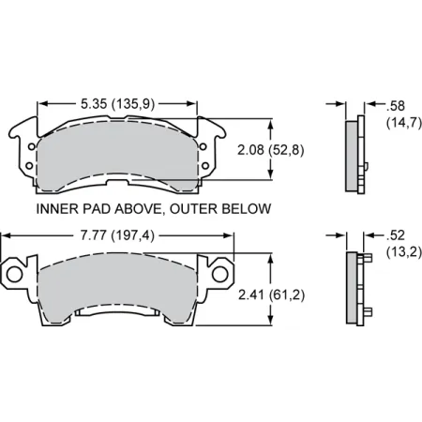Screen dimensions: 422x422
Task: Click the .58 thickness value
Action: [382, 105]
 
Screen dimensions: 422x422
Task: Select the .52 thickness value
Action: [382, 235]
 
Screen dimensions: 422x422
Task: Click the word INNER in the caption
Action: [54, 209]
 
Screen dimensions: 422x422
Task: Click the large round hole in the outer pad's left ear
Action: [16, 273]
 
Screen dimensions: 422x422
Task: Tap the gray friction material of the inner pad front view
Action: [116, 150]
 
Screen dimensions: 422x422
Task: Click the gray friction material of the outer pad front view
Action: [116, 286]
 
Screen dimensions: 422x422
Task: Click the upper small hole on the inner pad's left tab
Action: [28, 144]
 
